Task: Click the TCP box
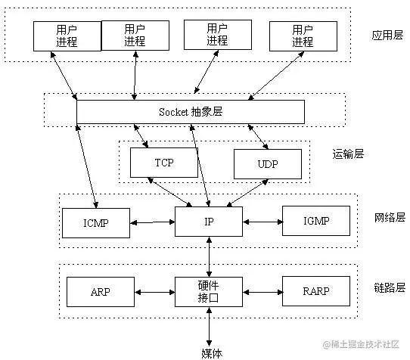click(163, 163)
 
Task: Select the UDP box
click(267, 163)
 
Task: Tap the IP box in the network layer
click(209, 222)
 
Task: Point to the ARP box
click(101, 291)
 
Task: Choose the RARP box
click(316, 291)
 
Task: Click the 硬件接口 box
click(209, 291)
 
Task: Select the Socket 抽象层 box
click(191, 112)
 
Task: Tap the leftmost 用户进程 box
click(67, 35)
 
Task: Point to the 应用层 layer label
click(387, 35)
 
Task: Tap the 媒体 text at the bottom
click(211, 351)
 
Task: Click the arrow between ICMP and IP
click(153, 222)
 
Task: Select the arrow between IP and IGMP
click(262, 222)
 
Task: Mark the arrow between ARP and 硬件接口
click(154, 291)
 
